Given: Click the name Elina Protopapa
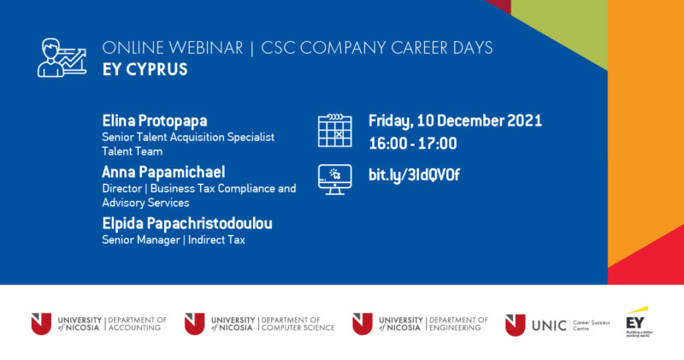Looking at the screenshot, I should pos(155,121).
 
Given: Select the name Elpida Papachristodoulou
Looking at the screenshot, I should pos(192,223).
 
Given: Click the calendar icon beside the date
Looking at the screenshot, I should pos(334,131).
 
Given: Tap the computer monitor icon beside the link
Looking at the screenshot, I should pos(334,178).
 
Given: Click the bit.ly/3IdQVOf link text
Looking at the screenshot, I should pos(414,176).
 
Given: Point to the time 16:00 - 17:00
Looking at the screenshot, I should pos(412,144).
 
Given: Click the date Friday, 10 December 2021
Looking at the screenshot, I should pos(455,121).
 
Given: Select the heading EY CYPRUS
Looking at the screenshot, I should pos(144,69).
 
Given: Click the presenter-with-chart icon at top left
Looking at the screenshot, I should pos(62,56).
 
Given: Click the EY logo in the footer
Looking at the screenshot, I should pos(637,321).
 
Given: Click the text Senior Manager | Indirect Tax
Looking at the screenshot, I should pos(174,240).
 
